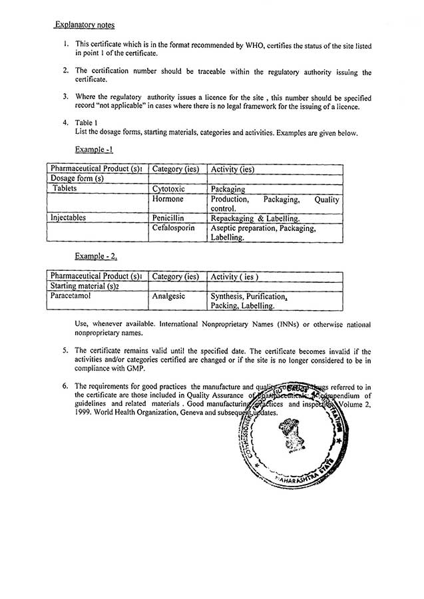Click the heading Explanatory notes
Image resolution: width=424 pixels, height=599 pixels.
click(x=85, y=25)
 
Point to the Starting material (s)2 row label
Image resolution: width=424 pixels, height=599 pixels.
click(x=85, y=286)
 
